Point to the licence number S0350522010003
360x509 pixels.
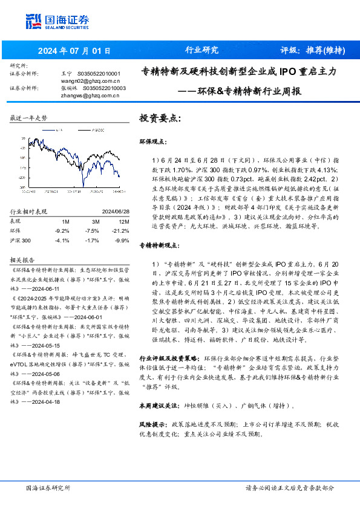(104, 88)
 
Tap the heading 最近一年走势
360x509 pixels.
(28, 118)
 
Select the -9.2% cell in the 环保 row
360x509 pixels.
(62, 231)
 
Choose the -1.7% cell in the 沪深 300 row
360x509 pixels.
(92, 240)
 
